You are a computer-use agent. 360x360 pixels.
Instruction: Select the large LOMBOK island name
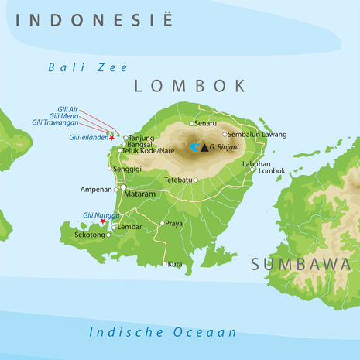click(x=190, y=86)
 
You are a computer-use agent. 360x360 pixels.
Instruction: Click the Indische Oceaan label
click(x=162, y=332)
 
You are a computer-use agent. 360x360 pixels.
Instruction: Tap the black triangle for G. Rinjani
click(x=204, y=146)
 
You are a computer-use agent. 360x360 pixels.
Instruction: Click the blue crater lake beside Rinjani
click(x=194, y=146)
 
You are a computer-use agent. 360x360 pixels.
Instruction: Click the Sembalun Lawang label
click(x=255, y=134)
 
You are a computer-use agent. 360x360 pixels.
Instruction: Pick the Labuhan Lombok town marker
click(x=253, y=170)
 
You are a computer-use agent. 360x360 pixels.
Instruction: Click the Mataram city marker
click(x=123, y=187)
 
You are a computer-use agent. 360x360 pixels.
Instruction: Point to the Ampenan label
click(x=96, y=189)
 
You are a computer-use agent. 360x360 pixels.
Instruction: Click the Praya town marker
click(x=163, y=224)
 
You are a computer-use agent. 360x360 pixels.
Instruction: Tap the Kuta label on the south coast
click(x=175, y=264)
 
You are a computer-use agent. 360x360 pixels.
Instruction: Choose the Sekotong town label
click(x=89, y=234)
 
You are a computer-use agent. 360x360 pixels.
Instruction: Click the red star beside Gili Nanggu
click(x=103, y=221)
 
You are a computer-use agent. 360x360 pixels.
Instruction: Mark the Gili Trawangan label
click(x=55, y=122)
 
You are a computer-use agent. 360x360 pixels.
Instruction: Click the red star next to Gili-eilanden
click(x=111, y=138)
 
